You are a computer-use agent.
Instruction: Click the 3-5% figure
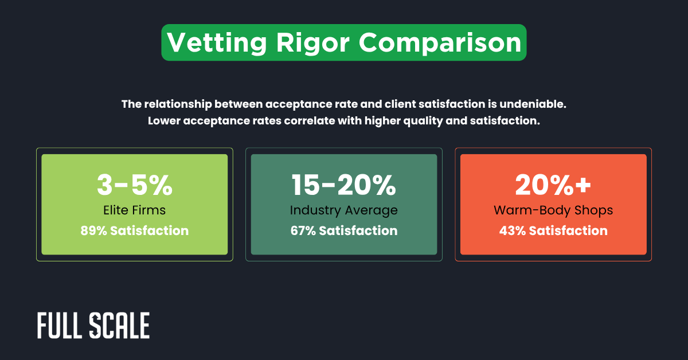point(134,185)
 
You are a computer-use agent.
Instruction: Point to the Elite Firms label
point(134,210)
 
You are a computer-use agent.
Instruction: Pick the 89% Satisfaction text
point(134,231)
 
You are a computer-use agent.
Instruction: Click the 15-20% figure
point(343,185)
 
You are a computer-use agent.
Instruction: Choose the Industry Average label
point(343,210)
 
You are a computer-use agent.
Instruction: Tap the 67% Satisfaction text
point(343,231)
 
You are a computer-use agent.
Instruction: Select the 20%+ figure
point(553,185)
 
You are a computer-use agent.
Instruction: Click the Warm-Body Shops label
point(553,210)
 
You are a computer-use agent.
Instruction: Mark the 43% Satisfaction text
point(553,231)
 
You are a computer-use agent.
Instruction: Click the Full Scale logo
point(93,326)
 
